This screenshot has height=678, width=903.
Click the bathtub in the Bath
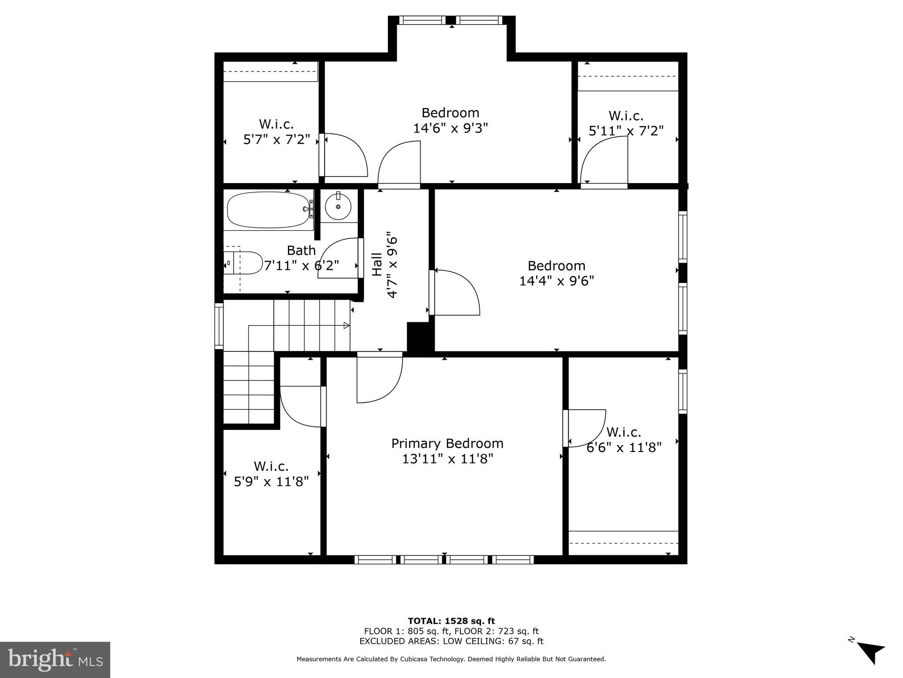pyautogui.click(x=269, y=210)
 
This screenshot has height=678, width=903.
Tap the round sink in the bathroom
pyautogui.click(x=338, y=207)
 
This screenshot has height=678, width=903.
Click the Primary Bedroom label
pyautogui.click(x=447, y=443)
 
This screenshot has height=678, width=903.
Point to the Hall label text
pyautogui.click(x=377, y=264)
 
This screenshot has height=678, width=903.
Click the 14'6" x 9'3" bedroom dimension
pyautogui.click(x=451, y=128)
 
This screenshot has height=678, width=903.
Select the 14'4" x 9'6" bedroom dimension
pyautogui.click(x=556, y=281)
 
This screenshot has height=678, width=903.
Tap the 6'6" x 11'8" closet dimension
pyautogui.click(x=624, y=448)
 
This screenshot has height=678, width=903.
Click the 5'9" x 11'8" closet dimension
pyautogui.click(x=271, y=481)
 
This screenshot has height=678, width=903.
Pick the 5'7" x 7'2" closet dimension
pyautogui.click(x=277, y=139)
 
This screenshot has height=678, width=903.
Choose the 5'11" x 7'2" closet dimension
pyautogui.click(x=626, y=131)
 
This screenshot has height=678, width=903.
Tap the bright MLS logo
pyautogui.click(x=55, y=659)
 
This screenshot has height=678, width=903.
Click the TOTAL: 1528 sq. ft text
pyautogui.click(x=451, y=621)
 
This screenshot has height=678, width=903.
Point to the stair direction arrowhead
pyautogui.click(x=347, y=326)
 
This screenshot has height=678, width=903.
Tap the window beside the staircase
pyautogui.click(x=219, y=325)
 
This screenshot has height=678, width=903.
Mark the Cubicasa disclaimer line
pyautogui.click(x=451, y=659)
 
